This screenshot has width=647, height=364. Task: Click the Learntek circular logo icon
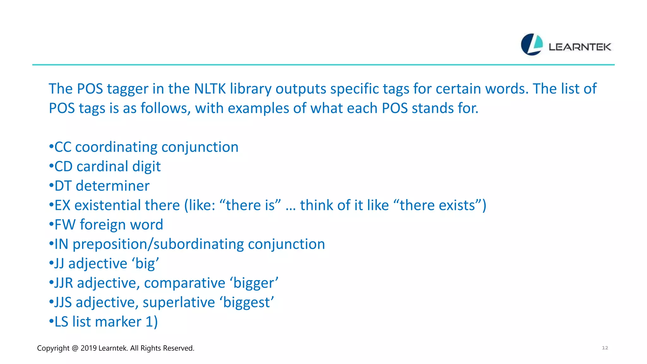(x=532, y=45)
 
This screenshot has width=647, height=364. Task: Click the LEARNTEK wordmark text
(x=580, y=47)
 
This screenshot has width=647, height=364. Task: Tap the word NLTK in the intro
(x=210, y=89)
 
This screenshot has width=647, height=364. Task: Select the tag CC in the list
(x=63, y=147)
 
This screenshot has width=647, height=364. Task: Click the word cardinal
(x=102, y=167)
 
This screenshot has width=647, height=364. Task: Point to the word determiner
(x=112, y=186)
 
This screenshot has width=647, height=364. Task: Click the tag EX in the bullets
(x=62, y=205)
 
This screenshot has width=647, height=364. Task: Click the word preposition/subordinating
(x=158, y=244)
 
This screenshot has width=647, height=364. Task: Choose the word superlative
(x=179, y=302)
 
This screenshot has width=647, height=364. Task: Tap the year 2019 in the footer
(x=88, y=348)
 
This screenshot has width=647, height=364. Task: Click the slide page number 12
(x=605, y=348)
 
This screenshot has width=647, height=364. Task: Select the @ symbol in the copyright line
(x=75, y=348)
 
